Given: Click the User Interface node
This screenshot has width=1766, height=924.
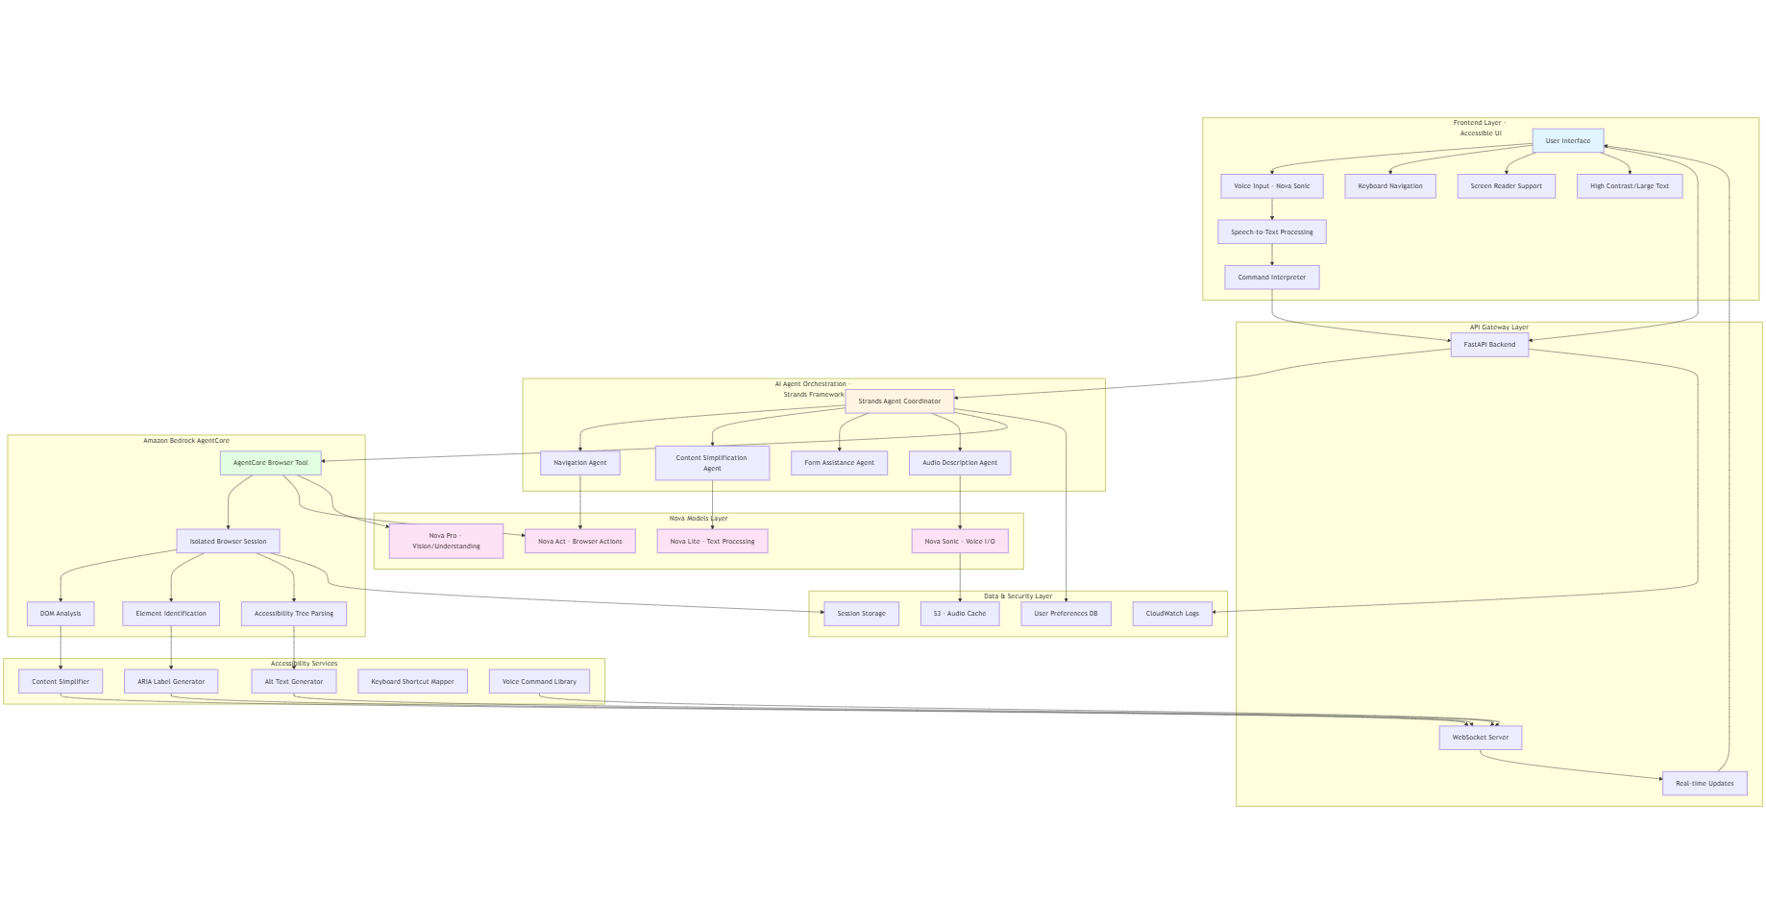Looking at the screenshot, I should (x=1567, y=141).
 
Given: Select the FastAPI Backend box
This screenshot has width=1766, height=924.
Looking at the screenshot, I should (x=1488, y=345).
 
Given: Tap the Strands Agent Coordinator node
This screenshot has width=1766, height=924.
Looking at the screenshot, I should (x=899, y=401).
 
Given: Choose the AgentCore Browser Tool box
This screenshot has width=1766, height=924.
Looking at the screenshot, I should (x=270, y=463).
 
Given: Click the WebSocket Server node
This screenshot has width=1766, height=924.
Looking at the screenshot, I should (x=1480, y=738).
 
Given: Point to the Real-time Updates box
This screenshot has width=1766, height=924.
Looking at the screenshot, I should (x=1705, y=784).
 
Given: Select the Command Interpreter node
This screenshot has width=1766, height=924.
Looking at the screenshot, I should (x=1271, y=278).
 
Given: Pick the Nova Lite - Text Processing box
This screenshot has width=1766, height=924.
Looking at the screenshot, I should (x=712, y=542).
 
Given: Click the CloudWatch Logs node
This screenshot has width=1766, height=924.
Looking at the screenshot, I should (x=1172, y=614).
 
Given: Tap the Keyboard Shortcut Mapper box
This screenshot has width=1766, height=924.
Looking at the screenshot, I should (x=412, y=682).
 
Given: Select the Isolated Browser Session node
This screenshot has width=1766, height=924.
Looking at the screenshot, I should (x=228, y=542).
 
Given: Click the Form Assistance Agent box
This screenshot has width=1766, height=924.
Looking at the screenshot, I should (x=839, y=463).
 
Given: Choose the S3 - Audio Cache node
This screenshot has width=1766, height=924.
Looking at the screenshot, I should (x=959, y=614).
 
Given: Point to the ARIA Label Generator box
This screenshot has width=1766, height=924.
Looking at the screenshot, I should (x=171, y=682).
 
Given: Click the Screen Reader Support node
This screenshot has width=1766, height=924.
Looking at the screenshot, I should (x=1506, y=186).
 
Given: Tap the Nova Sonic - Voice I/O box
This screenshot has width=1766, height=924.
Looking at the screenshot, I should (x=960, y=542).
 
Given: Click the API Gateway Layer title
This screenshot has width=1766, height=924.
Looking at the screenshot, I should (x=1498, y=328).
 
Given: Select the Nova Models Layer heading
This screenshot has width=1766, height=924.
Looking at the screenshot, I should (x=699, y=519).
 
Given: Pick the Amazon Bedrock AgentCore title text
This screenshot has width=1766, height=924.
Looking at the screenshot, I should (x=186, y=441).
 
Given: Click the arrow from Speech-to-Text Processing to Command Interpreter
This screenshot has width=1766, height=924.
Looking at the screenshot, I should (x=1272, y=255).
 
